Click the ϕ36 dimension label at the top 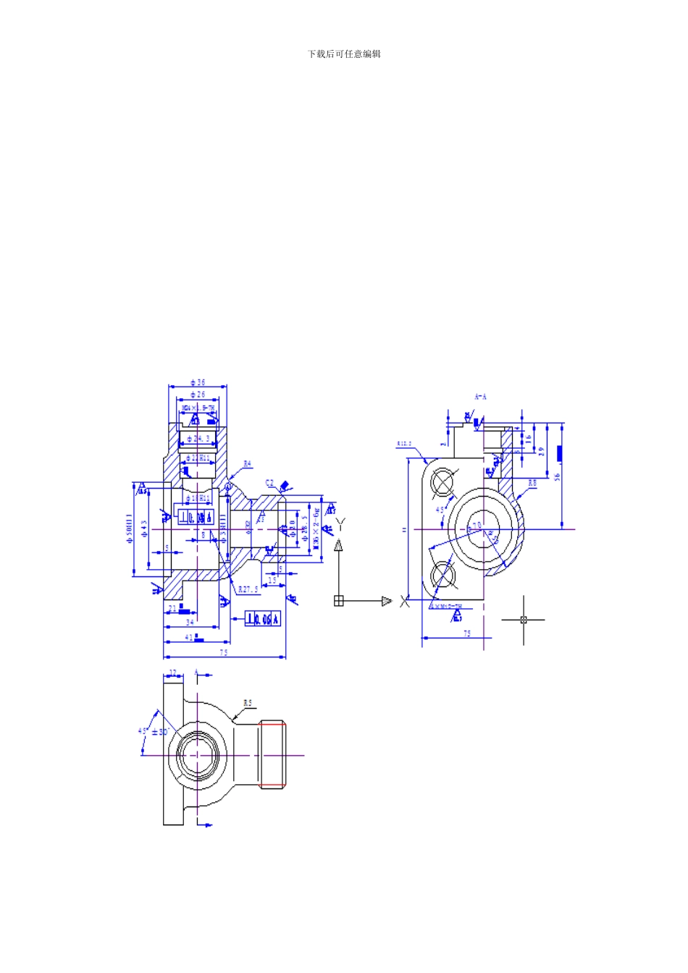pos(198,382)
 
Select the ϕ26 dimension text pos(197,395)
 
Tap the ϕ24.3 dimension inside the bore pos(198,439)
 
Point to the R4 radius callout pos(248,464)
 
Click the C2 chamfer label pos(269,483)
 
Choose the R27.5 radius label pos(248,589)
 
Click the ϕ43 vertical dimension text pos(145,528)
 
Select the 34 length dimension pos(190,622)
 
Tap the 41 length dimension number pos(189,637)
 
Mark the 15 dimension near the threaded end pos(272,580)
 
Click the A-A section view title pos(481,397)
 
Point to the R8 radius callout pos(532,482)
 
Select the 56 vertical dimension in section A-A pos(558,476)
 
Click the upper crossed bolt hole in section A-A pos(442,482)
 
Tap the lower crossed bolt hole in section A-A pos(442,576)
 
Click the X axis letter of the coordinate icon pos(405,601)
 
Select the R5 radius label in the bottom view pos(248,703)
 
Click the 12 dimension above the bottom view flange pos(173,673)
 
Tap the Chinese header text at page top pos(344,54)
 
